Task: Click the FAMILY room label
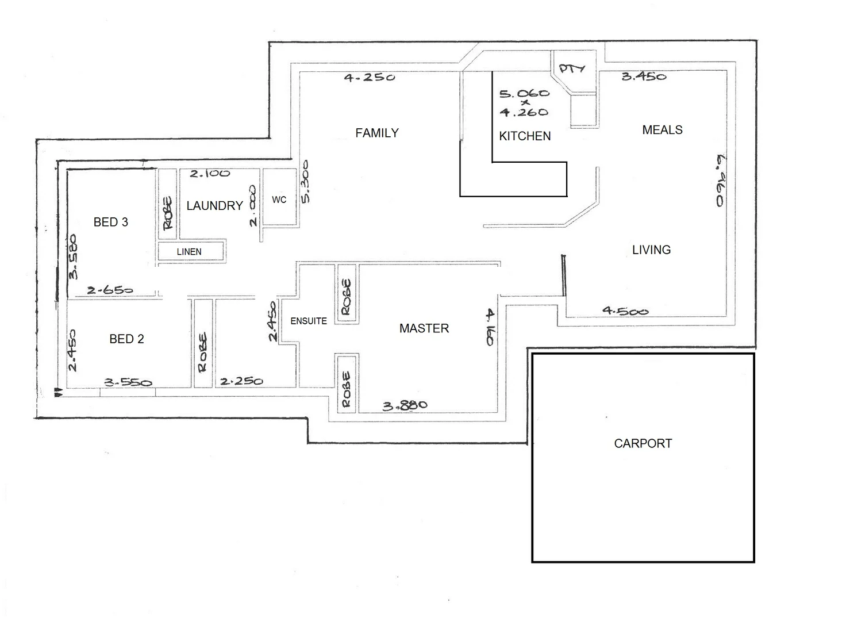377,133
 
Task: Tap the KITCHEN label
525,136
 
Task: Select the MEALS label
662,130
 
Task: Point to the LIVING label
651,250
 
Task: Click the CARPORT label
643,443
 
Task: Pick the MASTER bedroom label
424,328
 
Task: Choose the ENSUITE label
309,321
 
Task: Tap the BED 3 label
111,222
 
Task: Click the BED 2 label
126,339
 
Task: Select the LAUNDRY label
214,206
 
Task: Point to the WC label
279,200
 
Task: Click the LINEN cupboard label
189,252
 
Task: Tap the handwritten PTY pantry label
572,68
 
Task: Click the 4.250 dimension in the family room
370,77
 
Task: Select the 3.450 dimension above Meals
644,76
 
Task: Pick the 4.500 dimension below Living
625,311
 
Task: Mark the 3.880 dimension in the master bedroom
405,406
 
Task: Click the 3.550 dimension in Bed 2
128,382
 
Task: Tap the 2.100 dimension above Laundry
210,173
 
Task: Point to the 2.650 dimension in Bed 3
110,290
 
